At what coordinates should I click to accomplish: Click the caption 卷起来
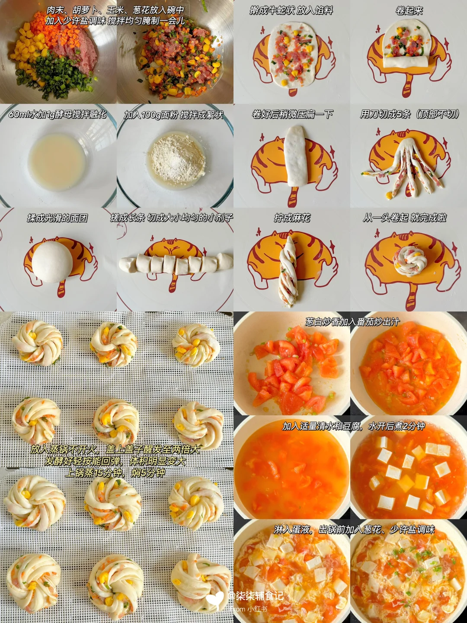click(409, 11)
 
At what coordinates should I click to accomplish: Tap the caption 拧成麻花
click(292, 218)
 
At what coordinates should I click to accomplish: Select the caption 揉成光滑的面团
click(57, 218)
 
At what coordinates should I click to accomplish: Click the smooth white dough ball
click(52, 262)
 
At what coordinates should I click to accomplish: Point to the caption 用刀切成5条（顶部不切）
click(409, 114)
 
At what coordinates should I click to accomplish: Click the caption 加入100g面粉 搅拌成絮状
click(173, 115)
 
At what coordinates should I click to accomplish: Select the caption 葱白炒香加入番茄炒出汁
click(352, 321)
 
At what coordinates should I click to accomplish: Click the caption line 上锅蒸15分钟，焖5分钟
click(115, 473)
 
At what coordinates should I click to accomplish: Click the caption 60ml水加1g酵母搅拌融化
click(57, 114)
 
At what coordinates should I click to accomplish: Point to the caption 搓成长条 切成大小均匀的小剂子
click(172, 218)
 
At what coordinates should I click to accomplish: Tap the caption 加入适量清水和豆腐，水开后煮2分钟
click(354, 426)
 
